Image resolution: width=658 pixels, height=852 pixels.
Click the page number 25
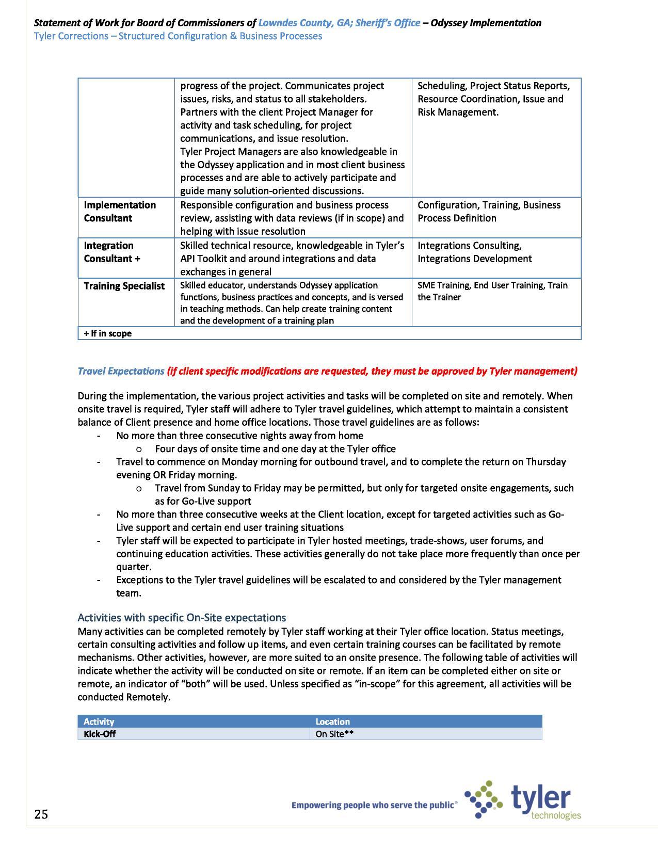[x=41, y=814]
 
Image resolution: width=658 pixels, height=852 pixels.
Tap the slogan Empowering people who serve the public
[x=374, y=805]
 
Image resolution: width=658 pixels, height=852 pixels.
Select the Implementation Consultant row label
[x=120, y=212]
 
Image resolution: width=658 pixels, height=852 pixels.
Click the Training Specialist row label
[x=124, y=286]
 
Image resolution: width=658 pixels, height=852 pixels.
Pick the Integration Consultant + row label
[x=111, y=252]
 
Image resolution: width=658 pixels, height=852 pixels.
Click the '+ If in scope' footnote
[x=107, y=333]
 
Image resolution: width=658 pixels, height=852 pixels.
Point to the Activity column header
[x=99, y=721]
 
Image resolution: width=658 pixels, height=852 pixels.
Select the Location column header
[x=332, y=721]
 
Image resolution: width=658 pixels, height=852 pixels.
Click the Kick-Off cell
[x=100, y=734]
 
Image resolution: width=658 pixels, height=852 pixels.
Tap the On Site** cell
[x=334, y=734]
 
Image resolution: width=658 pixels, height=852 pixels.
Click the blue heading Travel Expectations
[x=120, y=371]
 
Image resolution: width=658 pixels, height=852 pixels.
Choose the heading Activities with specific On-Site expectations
[x=182, y=618]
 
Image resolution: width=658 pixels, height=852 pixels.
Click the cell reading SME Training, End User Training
[x=492, y=291]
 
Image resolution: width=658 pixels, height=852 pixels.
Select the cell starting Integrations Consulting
[x=474, y=252]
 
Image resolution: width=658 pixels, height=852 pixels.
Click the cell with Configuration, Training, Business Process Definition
[x=488, y=212]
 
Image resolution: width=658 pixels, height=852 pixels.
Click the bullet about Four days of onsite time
[x=275, y=449]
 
